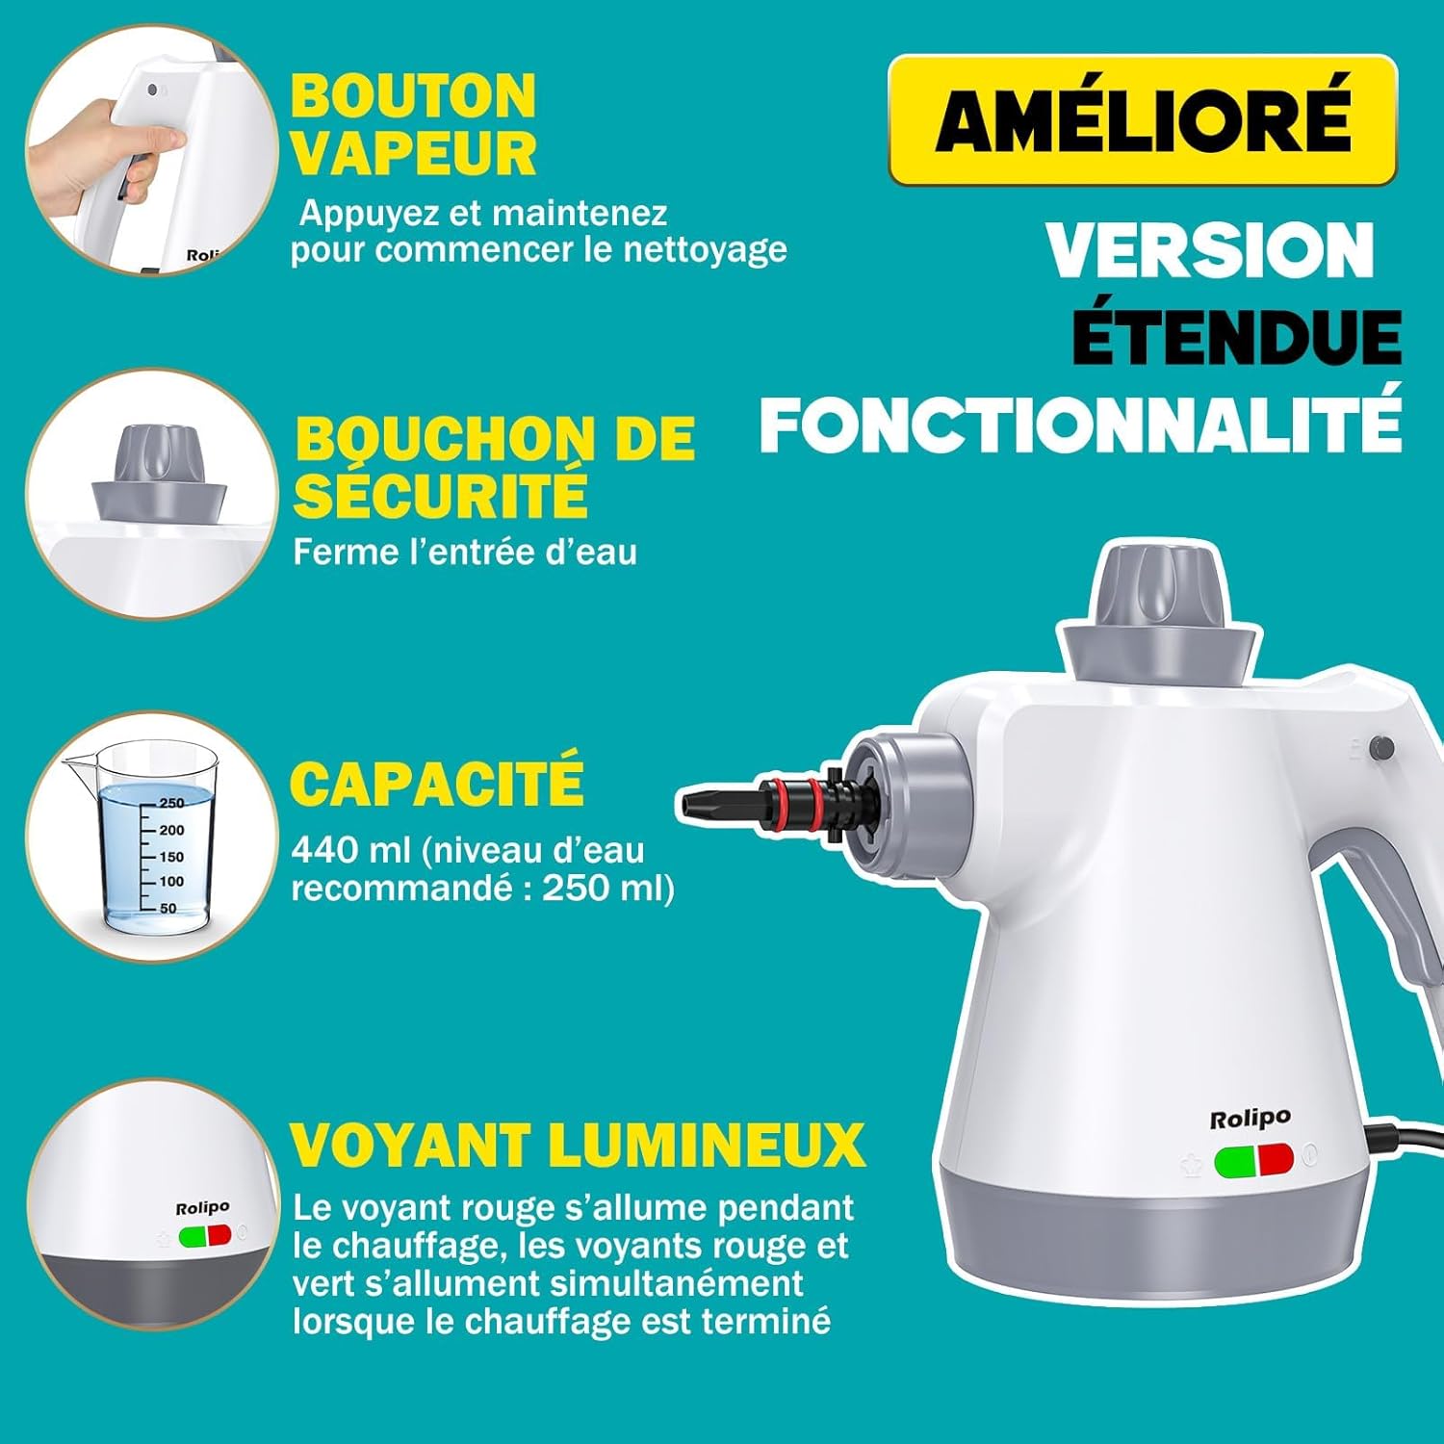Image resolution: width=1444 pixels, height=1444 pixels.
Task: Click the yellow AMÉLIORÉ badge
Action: [1142, 119]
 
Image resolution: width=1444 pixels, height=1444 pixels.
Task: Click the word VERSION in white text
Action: [1209, 251]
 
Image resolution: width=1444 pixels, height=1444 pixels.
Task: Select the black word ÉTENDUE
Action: [1236, 338]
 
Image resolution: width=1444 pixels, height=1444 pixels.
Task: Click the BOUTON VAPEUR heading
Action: [413, 125]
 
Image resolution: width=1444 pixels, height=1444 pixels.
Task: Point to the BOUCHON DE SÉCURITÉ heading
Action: [494, 466]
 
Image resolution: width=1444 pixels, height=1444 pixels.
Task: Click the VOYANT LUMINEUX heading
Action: [578, 1145]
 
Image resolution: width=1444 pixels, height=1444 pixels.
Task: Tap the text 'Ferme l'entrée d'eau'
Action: [465, 553]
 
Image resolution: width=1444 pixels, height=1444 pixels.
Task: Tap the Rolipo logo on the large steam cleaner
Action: [1250, 1118]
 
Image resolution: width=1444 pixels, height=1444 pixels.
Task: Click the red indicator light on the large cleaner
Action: [1276, 1160]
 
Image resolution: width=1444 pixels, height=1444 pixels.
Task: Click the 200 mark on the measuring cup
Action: [171, 830]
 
